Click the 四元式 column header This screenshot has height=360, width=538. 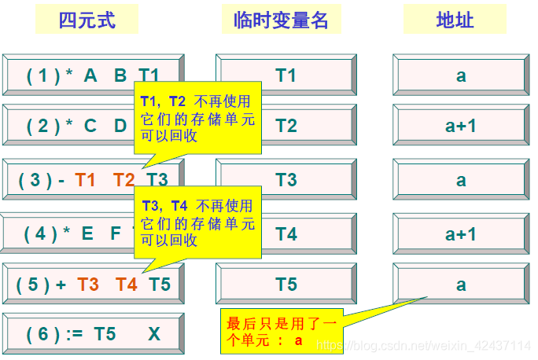click(87, 20)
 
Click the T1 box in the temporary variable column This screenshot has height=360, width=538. click(286, 75)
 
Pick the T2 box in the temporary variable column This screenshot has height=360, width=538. click(286, 126)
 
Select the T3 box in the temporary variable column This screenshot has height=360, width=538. click(286, 180)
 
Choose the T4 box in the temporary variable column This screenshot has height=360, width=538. click(286, 233)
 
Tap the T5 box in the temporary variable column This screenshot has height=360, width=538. click(286, 285)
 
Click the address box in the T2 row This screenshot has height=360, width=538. click(461, 126)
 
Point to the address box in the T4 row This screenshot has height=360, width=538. click(461, 233)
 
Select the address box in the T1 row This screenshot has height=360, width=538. click(461, 75)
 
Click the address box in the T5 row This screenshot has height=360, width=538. click(461, 285)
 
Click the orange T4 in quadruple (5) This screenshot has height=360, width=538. click(127, 285)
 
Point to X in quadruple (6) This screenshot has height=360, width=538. click(153, 334)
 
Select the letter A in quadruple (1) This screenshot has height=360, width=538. click(90, 75)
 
